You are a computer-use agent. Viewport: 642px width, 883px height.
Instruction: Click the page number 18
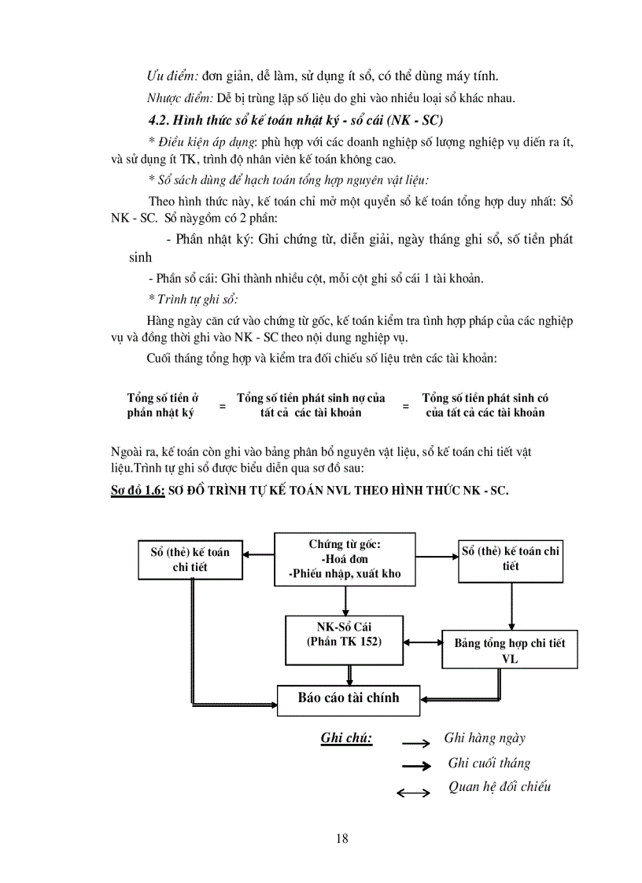tap(341, 838)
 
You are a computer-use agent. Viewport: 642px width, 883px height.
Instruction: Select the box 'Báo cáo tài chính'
tap(349, 698)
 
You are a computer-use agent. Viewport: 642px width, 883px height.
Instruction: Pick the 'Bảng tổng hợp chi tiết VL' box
tap(510, 650)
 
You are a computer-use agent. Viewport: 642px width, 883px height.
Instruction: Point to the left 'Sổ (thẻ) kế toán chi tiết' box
tap(190, 559)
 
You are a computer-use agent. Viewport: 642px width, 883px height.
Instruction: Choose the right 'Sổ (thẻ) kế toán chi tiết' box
tap(511, 559)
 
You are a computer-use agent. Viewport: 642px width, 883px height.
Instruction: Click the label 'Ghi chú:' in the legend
tap(346, 738)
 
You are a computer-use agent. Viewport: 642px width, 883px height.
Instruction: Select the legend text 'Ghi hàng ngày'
tap(485, 738)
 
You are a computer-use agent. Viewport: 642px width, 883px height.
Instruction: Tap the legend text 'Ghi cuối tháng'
tap(489, 763)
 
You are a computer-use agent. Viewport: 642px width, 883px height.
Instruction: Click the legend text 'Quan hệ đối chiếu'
tap(500, 787)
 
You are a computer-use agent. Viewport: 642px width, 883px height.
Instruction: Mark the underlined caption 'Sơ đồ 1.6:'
tap(138, 491)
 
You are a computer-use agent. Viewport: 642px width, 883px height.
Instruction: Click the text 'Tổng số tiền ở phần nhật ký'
tap(163, 406)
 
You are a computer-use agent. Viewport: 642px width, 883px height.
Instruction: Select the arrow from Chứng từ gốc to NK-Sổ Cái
tap(345, 601)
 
